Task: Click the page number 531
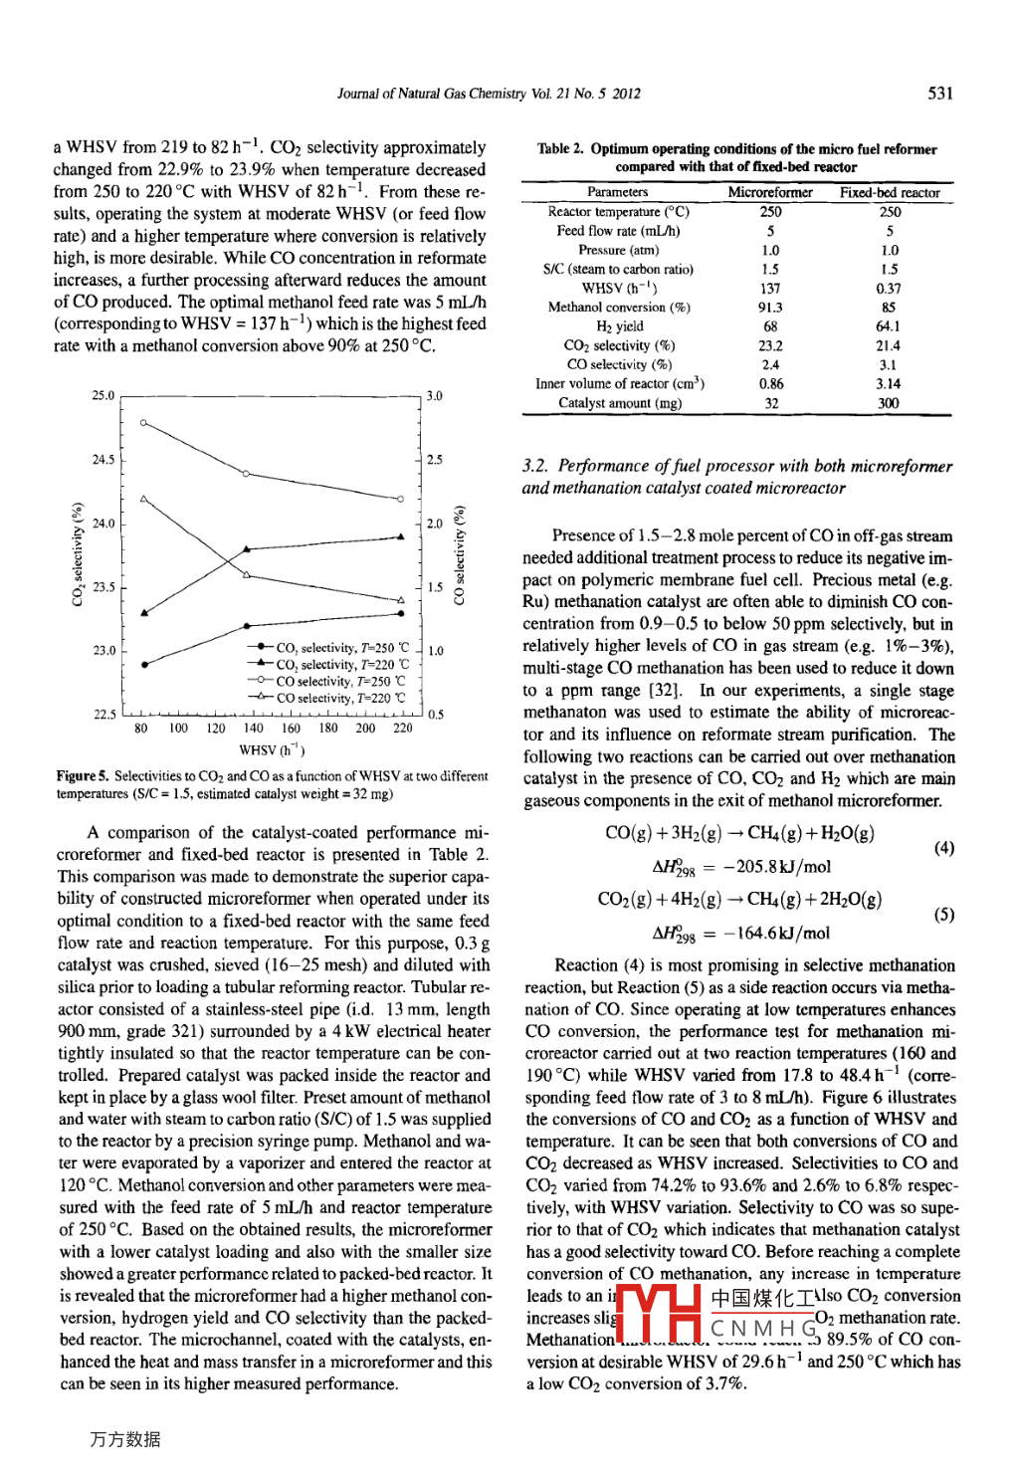(939, 94)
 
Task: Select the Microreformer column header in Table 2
(769, 192)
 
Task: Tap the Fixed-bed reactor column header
(889, 192)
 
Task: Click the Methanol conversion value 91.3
(769, 308)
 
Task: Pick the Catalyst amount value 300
(888, 403)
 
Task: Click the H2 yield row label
(619, 326)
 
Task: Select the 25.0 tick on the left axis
(103, 396)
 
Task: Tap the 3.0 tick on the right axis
(435, 396)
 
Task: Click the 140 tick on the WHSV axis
(253, 729)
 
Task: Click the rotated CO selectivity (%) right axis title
(459, 555)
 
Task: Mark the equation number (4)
(943, 849)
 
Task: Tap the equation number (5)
(943, 915)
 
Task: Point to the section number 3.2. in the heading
(535, 466)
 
